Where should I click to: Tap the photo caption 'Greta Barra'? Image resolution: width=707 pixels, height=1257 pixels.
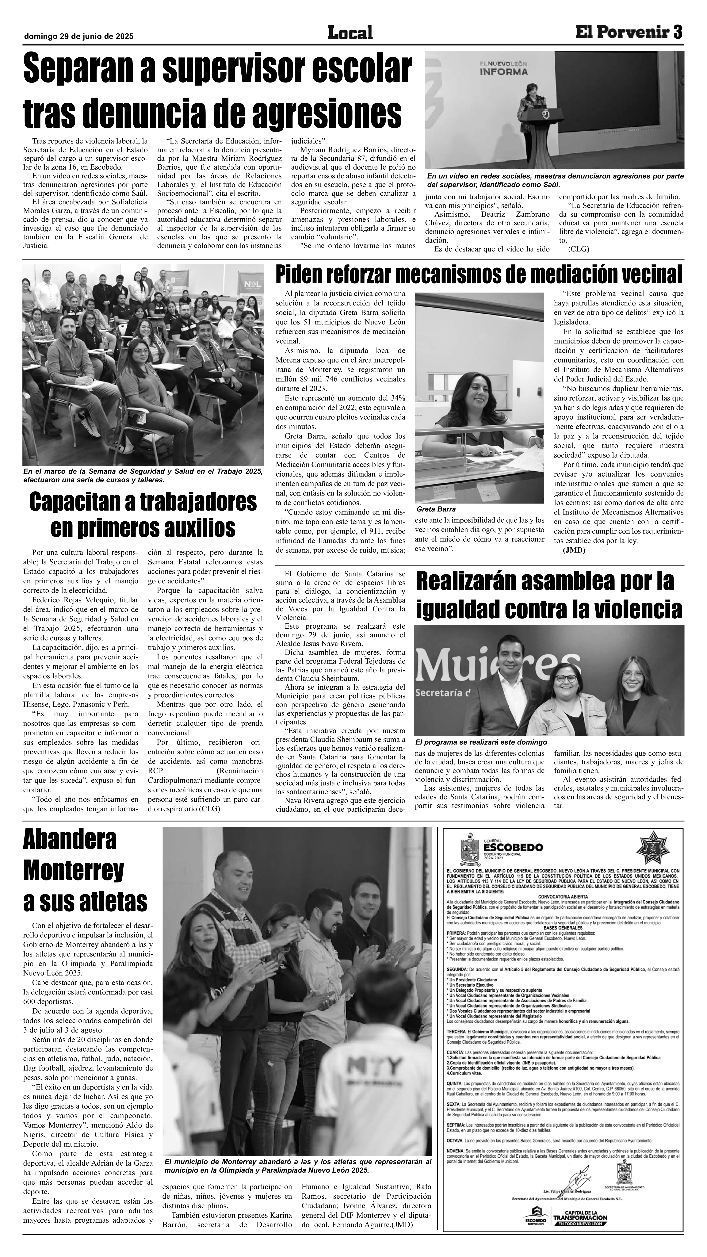436,509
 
